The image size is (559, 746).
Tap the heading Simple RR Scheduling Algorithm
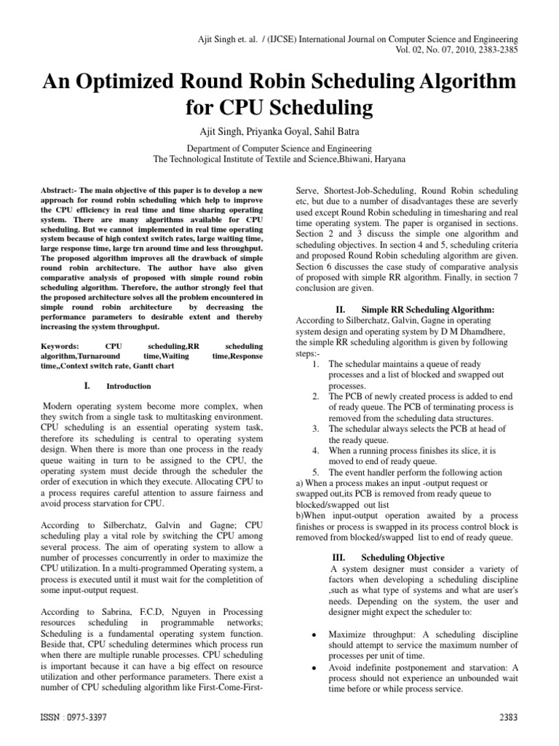point(429,310)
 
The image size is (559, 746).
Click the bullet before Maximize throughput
point(312,635)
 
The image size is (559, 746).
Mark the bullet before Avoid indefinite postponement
point(312,667)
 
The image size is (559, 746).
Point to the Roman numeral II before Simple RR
point(340,310)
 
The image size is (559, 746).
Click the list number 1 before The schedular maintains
point(314,363)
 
